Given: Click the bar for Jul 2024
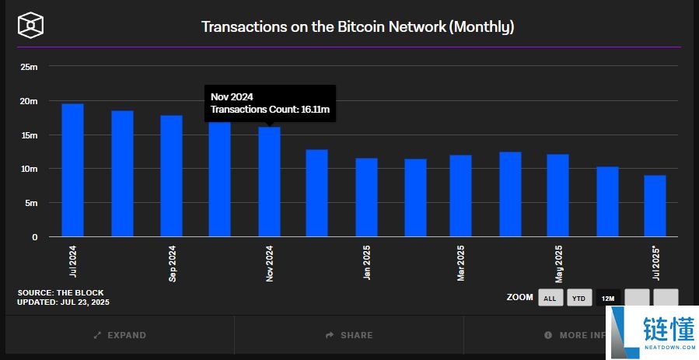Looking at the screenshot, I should (72, 170).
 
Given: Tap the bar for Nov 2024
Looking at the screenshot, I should (269, 183).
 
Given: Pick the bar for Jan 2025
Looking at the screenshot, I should (366, 197).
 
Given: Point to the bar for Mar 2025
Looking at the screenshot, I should (460, 196).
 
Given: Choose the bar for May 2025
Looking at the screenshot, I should (557, 195).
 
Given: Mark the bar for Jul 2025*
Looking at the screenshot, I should (655, 206).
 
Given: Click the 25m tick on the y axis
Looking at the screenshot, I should (30, 67).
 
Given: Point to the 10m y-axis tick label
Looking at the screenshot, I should (30, 169).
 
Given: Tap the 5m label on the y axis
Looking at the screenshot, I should (32, 203).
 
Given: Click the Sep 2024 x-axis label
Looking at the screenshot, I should (172, 264).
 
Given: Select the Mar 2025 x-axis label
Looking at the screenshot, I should (461, 264).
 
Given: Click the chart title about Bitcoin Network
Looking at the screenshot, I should (358, 26).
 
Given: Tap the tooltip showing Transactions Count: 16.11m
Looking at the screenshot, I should (270, 103).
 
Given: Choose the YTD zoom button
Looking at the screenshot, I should (578, 298).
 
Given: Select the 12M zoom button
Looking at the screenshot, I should (607, 298).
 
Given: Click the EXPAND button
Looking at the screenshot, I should (119, 335).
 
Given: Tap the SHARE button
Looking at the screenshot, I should (349, 335).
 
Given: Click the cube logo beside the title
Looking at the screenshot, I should (30, 25).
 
